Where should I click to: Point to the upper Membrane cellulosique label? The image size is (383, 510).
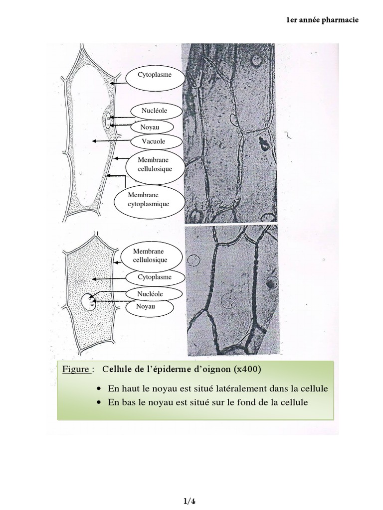pos(155,164)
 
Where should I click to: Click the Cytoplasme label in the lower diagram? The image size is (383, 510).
pos(155,277)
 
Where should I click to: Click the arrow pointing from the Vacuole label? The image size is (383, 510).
pos(111,141)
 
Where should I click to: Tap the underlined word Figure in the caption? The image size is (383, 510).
pos(75,370)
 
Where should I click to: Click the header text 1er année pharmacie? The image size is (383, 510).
pos(323,20)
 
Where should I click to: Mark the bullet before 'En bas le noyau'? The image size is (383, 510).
pos(99,402)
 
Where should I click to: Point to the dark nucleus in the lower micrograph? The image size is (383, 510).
pos(271,283)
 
